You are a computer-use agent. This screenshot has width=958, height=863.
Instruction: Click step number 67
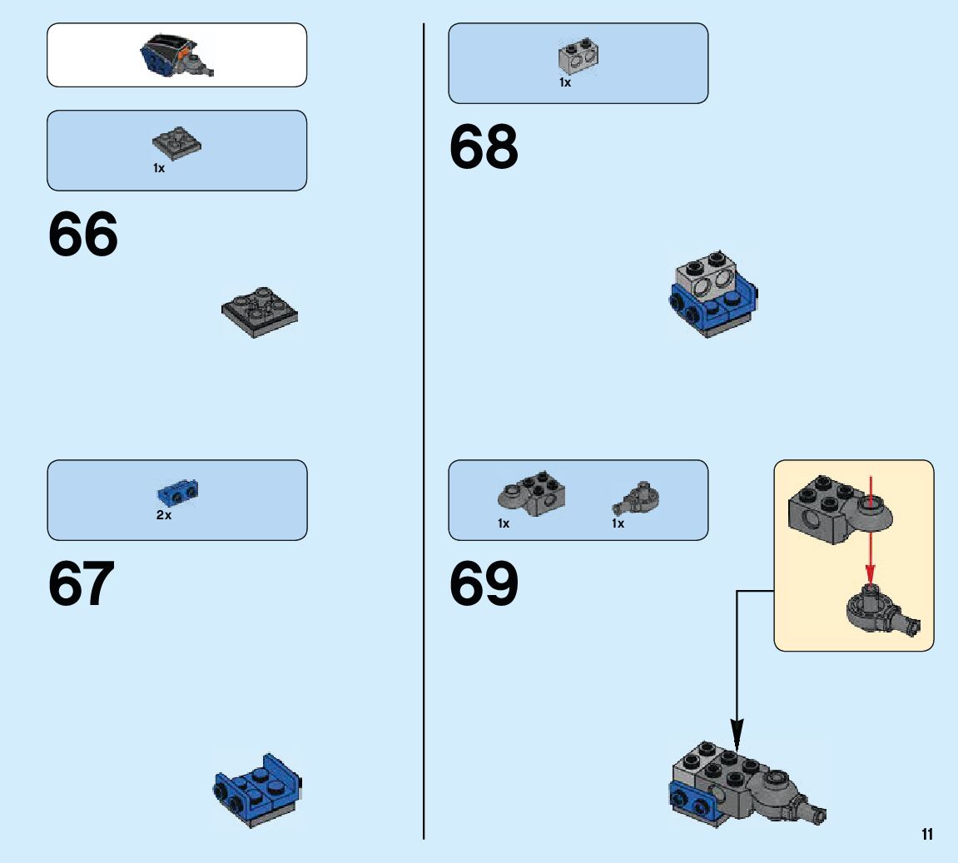pyautogui.click(x=82, y=584)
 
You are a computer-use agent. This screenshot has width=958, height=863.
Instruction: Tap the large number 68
pyautogui.click(x=484, y=148)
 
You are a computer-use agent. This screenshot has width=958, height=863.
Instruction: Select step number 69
pyautogui.click(x=484, y=584)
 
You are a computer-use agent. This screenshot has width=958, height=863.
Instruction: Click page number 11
pyautogui.click(x=927, y=835)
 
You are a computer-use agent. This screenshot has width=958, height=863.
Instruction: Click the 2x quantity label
pyautogui.click(x=164, y=515)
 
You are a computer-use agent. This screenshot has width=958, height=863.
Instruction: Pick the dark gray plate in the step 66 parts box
pyautogui.click(x=176, y=144)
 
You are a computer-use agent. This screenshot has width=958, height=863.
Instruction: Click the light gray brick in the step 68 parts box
pyautogui.click(x=579, y=57)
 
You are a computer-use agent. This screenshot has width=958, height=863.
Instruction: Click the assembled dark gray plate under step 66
pyautogui.click(x=260, y=312)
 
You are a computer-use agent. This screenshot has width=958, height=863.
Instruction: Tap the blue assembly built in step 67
pyautogui.click(x=257, y=790)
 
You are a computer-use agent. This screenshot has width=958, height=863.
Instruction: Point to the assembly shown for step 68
pyautogui.click(x=713, y=293)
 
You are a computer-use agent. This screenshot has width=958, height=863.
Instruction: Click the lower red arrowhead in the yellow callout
pyautogui.click(x=870, y=575)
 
